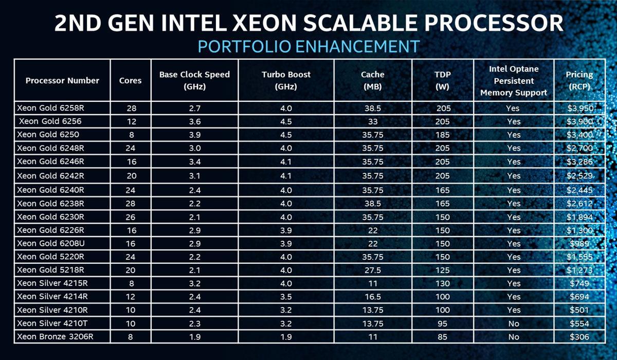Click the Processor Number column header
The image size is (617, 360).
point(62,80)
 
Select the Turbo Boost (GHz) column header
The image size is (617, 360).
point(279,80)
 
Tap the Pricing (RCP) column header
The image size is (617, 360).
point(579,80)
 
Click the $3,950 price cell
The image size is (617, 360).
point(579,108)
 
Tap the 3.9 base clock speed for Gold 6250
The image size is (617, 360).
point(194,135)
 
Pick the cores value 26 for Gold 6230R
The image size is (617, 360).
point(131,216)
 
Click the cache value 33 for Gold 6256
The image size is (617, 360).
point(373,121)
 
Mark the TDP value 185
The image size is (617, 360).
point(442,135)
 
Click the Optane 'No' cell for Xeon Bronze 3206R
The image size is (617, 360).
point(513,337)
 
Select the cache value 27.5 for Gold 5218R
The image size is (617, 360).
point(373,270)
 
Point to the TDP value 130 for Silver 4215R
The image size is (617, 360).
point(442,283)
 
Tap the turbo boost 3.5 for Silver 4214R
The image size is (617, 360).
point(279,297)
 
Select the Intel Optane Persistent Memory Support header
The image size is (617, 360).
point(513,80)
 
